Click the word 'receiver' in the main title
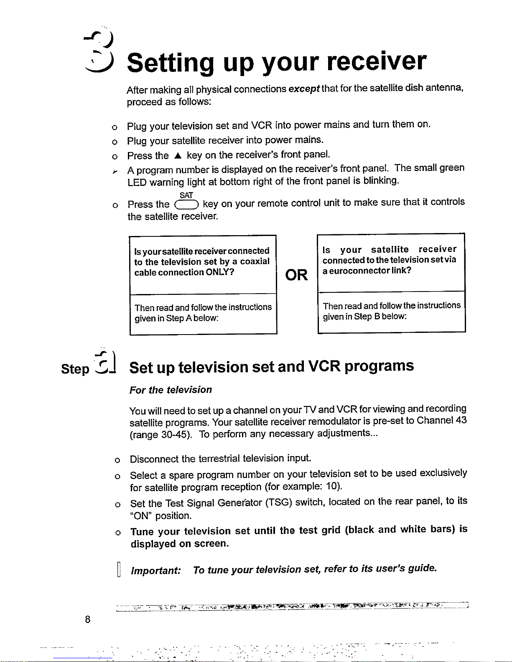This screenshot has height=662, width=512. pyautogui.click(x=376, y=62)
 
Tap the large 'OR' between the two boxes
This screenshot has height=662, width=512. pyautogui.click(x=296, y=275)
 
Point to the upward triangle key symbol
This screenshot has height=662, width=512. pyautogui.click(x=178, y=156)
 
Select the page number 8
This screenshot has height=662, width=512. pyautogui.click(x=87, y=619)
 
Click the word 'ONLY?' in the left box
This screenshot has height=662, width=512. pyautogui.click(x=220, y=272)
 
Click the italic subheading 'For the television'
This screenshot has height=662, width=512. pyautogui.click(x=171, y=390)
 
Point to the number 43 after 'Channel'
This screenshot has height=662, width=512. pyautogui.click(x=461, y=420)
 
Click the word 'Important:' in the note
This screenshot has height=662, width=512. pyautogui.click(x=156, y=571)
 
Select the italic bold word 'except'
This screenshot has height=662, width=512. pyautogui.click(x=304, y=89)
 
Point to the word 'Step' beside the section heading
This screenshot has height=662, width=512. pyautogui.click(x=75, y=369)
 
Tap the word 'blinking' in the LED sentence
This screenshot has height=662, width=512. pyautogui.click(x=380, y=180)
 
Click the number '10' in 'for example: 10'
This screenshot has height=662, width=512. pyautogui.click(x=332, y=487)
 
